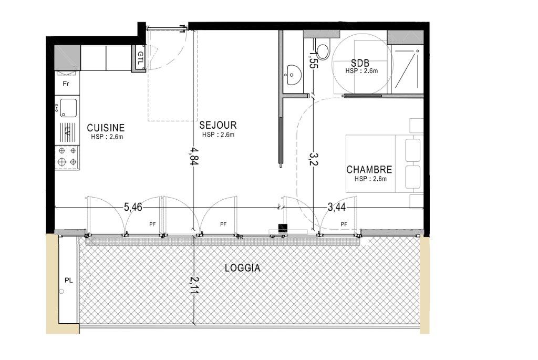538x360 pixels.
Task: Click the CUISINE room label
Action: [106, 128]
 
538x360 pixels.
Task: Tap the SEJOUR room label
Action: [218, 125]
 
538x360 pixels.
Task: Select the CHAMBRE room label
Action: [369, 170]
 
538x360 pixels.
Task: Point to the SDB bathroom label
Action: [360, 63]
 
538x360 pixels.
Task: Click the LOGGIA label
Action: [243, 268]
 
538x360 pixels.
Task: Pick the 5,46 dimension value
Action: [133, 207]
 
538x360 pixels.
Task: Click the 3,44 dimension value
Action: [337, 207]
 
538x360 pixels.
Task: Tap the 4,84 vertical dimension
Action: [194, 157]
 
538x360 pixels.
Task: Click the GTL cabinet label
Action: [141, 58]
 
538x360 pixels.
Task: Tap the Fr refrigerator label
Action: [66, 84]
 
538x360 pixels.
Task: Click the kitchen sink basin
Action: [68, 108]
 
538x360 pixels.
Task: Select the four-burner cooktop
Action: [67, 157]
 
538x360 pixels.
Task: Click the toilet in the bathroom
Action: [322, 49]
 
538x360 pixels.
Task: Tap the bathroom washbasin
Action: [293, 74]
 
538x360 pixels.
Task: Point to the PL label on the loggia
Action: [69, 281]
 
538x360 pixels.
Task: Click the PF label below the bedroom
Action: [344, 224]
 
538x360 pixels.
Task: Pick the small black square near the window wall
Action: [282, 227]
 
